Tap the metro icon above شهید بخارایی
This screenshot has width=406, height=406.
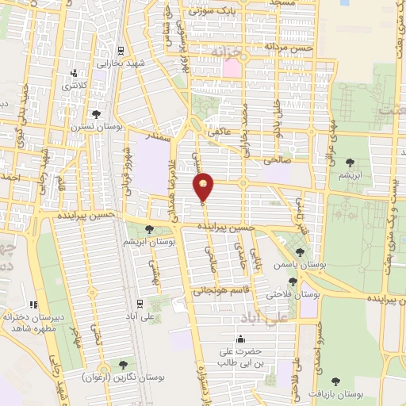point(120,49)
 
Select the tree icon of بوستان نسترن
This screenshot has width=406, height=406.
point(96,114)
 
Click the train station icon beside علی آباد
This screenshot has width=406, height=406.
point(140,302)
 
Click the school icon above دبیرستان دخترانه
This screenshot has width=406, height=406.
point(33,304)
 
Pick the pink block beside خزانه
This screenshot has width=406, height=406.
point(232,67)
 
